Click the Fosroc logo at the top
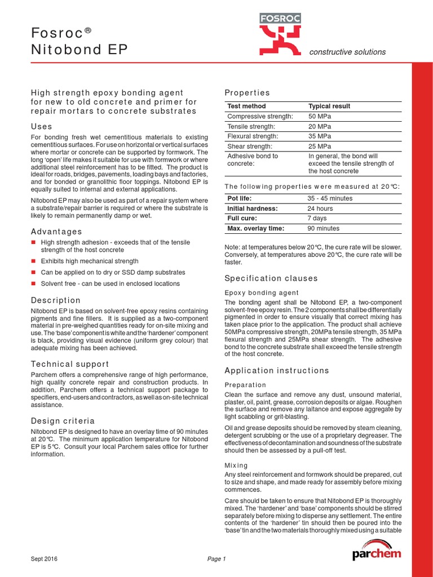click(280, 35)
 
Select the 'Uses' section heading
click(41, 126)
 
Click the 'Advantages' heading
click(56, 232)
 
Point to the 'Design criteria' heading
click(63, 421)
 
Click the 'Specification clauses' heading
click(271, 278)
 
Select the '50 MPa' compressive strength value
click(320, 116)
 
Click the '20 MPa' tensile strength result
click(320, 126)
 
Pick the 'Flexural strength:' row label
click(253, 136)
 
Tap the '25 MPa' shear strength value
click(320, 147)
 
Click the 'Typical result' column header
click(329, 106)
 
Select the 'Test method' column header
click(246, 106)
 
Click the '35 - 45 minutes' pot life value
click(330, 198)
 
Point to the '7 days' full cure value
click(317, 219)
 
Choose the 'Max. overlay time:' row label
click(255, 228)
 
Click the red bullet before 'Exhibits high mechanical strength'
click(33, 261)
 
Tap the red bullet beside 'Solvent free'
click(33, 284)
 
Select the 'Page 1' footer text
click(216, 559)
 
